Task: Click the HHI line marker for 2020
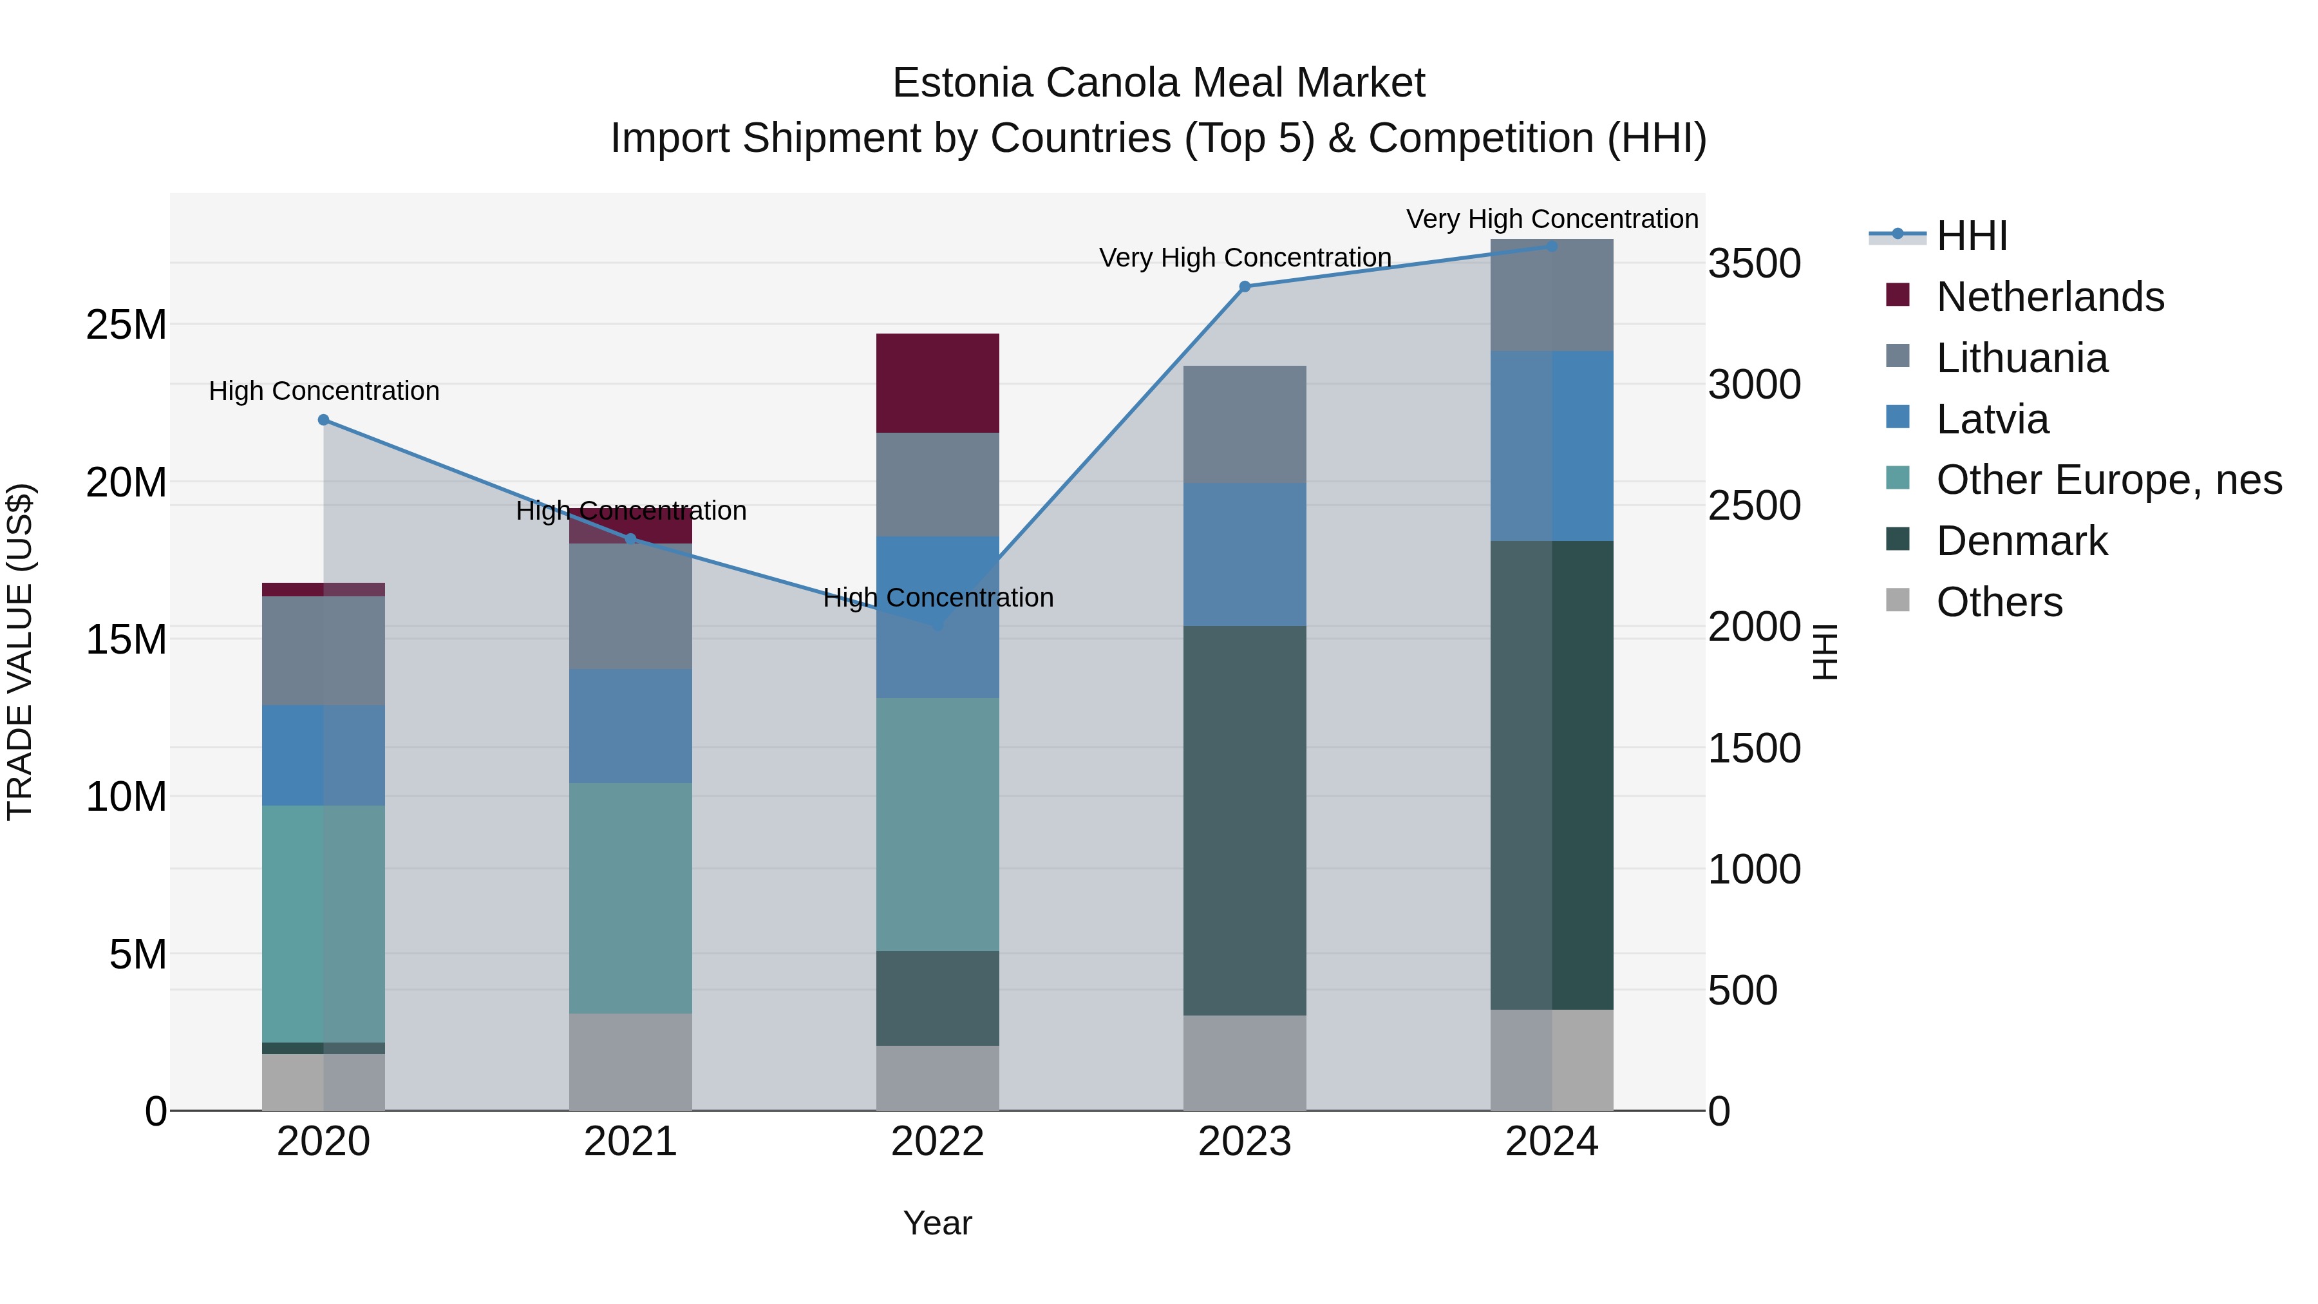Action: coord(324,420)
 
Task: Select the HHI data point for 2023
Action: coord(1245,287)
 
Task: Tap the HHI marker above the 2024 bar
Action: coord(1552,246)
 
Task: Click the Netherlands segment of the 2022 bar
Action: coord(938,383)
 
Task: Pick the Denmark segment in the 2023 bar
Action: coord(1245,821)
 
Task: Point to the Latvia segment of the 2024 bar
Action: coord(1552,446)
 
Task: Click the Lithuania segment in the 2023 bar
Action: coord(1245,425)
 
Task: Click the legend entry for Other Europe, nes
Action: coord(2108,480)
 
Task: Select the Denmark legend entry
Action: coord(2021,542)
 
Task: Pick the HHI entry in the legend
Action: coord(1971,236)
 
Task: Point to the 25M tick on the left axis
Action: coord(126,325)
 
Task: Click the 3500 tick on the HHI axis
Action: coord(1755,265)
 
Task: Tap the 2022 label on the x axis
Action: coord(938,1142)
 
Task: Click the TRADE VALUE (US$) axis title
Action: coord(20,652)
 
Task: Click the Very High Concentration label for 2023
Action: coord(1245,258)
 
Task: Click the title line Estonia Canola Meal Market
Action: coord(1158,83)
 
